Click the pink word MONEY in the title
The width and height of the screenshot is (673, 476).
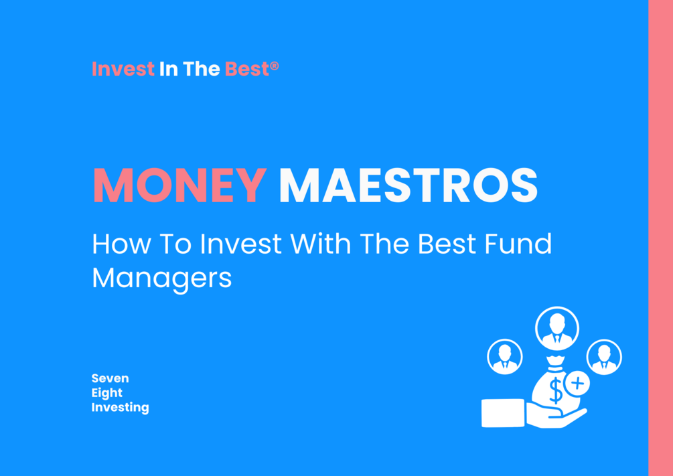click(180, 185)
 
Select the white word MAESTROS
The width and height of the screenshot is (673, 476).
click(408, 185)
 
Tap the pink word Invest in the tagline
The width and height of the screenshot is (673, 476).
click(123, 69)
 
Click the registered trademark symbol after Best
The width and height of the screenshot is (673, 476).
click(275, 66)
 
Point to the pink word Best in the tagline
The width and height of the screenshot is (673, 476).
click(247, 69)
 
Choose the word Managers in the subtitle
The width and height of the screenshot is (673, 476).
click(162, 279)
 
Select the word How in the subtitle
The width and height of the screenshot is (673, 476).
click(121, 244)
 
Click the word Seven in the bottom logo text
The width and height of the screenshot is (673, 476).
click(110, 378)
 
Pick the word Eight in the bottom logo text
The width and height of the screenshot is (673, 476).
click(107, 393)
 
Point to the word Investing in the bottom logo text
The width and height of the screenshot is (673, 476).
click(120, 407)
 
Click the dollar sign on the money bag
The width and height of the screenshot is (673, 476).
click(555, 390)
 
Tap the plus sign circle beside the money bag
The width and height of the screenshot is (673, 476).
click(577, 383)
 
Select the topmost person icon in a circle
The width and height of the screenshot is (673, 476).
click(557, 328)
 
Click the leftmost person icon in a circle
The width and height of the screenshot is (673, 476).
click(505, 357)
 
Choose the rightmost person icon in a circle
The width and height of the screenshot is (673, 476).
click(604, 357)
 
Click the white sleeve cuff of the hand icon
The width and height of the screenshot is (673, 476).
click(503, 413)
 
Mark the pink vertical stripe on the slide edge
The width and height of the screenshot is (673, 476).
click(660, 238)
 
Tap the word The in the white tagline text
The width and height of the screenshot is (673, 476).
click(202, 69)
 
